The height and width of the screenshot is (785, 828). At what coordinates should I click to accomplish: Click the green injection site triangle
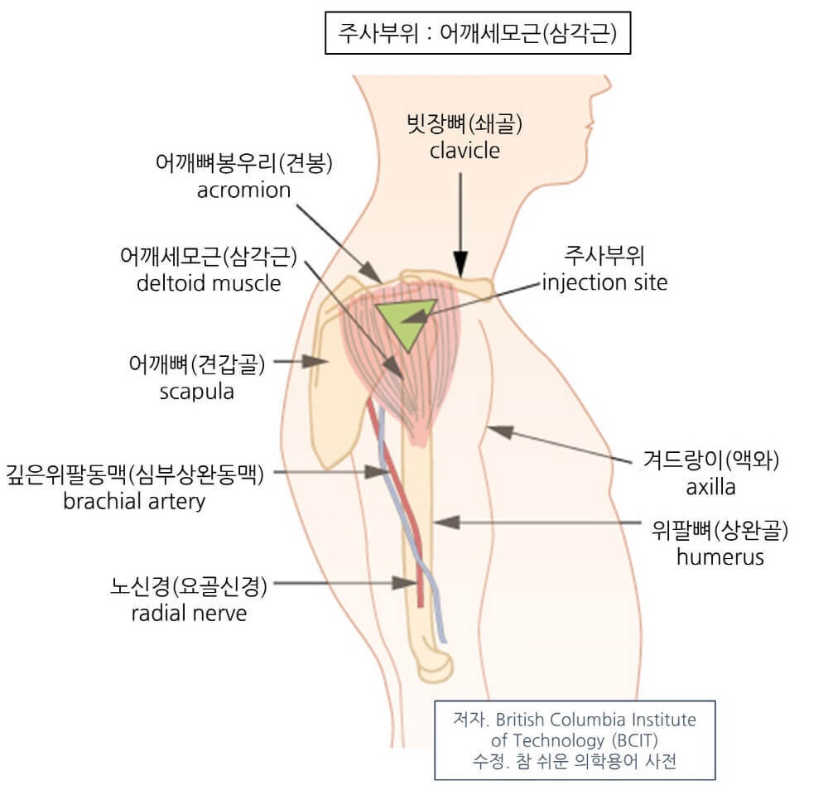click(x=403, y=320)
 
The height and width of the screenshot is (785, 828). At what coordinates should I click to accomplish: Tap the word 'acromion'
click(x=244, y=190)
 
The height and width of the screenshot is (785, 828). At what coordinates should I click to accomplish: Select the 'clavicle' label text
click(x=465, y=151)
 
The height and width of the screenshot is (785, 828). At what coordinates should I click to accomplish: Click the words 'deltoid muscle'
click(x=208, y=283)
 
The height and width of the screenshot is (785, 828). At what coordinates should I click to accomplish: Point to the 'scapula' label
click(x=196, y=391)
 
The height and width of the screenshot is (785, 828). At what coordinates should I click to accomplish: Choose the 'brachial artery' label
click(x=134, y=501)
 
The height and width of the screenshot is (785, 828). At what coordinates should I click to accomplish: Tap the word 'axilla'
click(x=710, y=486)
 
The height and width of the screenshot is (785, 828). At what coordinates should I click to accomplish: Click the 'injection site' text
click(x=604, y=282)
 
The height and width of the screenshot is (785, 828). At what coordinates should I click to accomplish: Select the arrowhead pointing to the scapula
click(x=315, y=362)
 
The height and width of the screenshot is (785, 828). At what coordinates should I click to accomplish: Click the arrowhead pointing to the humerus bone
click(x=444, y=523)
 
